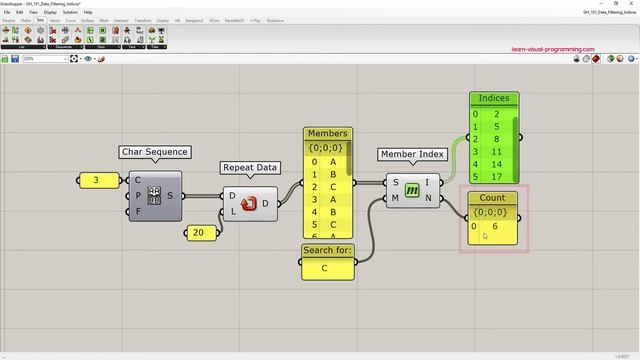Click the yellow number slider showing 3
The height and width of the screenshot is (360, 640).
pyautogui.click(x=96, y=181)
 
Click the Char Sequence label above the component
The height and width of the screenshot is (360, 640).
pyautogui.click(x=154, y=152)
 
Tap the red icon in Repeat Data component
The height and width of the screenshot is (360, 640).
pyautogui.click(x=250, y=204)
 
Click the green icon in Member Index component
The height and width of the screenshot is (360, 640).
pyautogui.click(x=411, y=190)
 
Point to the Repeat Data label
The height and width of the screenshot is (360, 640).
pyautogui.click(x=249, y=168)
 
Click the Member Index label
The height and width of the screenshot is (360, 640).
pyautogui.click(x=412, y=154)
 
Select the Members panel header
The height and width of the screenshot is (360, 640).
pyautogui.click(x=327, y=133)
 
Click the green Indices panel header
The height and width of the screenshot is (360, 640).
pyautogui.click(x=494, y=98)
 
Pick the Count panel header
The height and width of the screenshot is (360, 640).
pyautogui.click(x=492, y=198)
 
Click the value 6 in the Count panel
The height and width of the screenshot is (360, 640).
pyautogui.click(x=495, y=227)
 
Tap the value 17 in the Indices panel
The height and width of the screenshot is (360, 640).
pyautogui.click(x=496, y=177)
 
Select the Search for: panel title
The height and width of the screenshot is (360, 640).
pyautogui.click(x=328, y=250)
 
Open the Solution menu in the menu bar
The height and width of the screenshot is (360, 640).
pyautogui.click(x=70, y=12)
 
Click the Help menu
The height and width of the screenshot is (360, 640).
pyautogui.click(x=88, y=12)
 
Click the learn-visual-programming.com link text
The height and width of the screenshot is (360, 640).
pyautogui.click(x=552, y=49)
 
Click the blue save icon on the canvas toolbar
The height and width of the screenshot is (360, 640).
pyautogui.click(x=15, y=59)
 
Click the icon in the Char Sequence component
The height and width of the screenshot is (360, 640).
pyautogui.click(x=155, y=196)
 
